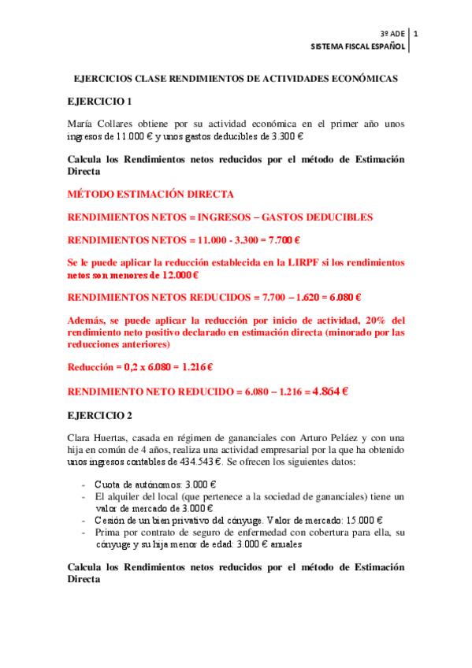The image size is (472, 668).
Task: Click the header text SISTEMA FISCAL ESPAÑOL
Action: [359, 47]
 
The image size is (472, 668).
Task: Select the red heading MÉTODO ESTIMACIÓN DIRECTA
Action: [151, 194]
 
